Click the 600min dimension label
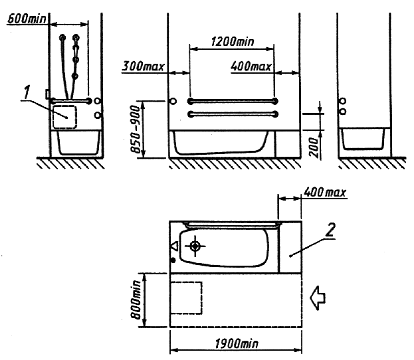(x=27, y=19)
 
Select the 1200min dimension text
(x=233, y=41)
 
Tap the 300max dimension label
(x=143, y=66)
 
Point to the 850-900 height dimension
(x=136, y=129)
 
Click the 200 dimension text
(x=314, y=147)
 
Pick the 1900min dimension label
(x=237, y=343)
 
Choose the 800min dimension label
(x=136, y=300)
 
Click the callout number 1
(x=27, y=92)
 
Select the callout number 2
(x=330, y=230)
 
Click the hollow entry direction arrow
(x=318, y=298)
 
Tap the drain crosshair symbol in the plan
(x=195, y=246)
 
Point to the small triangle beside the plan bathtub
(x=174, y=246)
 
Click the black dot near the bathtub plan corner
(x=173, y=260)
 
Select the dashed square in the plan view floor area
(x=187, y=298)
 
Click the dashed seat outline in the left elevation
(x=65, y=117)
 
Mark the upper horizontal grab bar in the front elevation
(x=233, y=101)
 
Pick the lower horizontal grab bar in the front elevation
(x=233, y=114)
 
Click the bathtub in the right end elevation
(x=363, y=139)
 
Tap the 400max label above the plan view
(x=324, y=192)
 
